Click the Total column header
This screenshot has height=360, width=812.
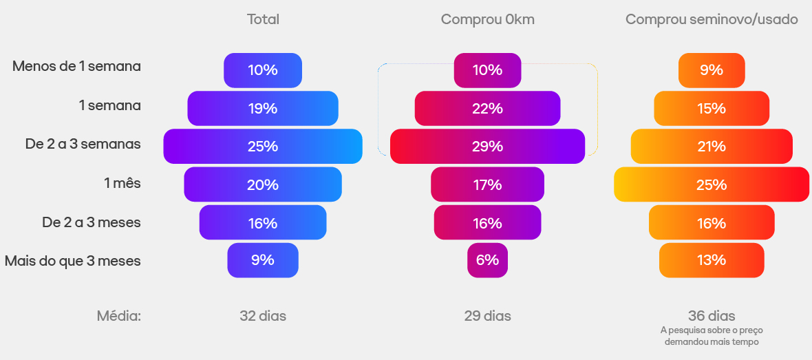263,19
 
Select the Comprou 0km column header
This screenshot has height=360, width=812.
487,19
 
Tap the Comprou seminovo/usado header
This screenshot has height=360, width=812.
712,19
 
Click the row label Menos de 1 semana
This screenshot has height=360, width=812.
76,67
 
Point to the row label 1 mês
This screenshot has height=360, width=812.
122,184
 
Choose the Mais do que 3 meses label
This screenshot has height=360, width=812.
72,261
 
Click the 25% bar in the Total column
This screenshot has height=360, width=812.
263,146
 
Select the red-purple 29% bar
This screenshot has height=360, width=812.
487,146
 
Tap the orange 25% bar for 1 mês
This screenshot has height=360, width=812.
712,184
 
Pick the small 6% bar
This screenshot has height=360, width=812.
487,260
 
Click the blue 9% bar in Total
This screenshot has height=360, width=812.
263,260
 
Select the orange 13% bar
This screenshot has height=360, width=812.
712,260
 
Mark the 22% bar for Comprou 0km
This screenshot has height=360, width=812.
487,108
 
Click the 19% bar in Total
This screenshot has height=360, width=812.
263,108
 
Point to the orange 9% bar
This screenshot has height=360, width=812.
712,70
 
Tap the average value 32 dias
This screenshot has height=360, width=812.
263,316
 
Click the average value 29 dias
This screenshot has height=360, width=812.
487,316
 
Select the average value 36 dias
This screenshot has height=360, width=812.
712,316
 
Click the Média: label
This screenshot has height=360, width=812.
118,316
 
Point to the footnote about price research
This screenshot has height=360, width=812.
712,335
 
